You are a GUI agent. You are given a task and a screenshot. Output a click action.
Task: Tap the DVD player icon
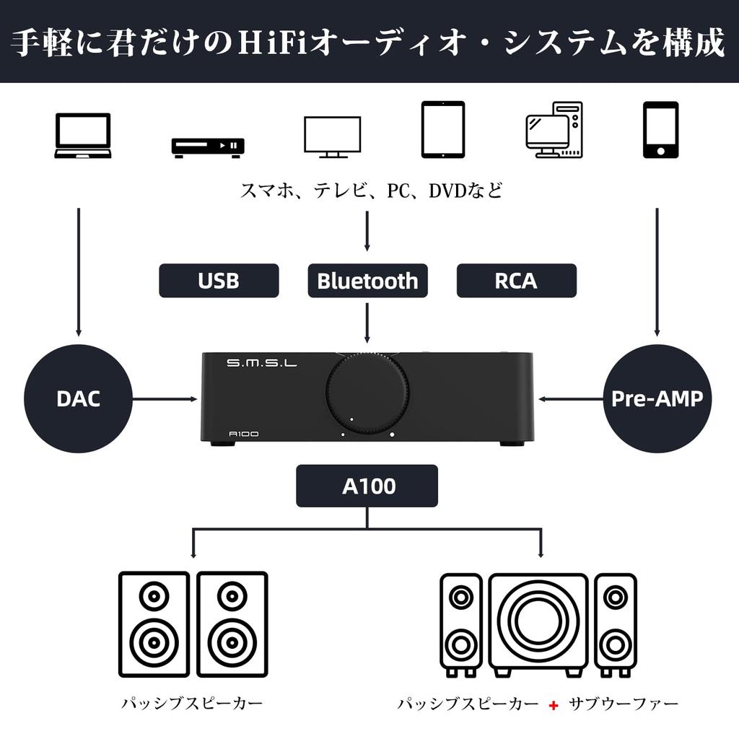pos(208,147)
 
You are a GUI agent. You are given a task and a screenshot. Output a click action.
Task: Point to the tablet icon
pos(442,129)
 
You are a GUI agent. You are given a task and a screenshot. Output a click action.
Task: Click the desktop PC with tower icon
pos(554,130)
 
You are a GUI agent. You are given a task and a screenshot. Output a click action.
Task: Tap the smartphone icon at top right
pos(660,129)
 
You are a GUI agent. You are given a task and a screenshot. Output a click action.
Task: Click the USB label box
pos(219,281)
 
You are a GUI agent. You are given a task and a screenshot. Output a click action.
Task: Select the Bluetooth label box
pos(367,281)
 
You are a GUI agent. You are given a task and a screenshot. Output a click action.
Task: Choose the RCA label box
pos(516,281)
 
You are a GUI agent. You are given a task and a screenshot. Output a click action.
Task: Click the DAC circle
pos(78,398)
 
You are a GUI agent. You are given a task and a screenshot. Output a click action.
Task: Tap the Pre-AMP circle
pos(657,398)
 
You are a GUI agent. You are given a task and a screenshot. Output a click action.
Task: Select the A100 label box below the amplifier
pos(367,486)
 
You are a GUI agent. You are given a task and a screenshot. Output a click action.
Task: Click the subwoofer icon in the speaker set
pos(538,621)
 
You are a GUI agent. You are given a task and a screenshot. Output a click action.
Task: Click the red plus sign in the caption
pos(553,704)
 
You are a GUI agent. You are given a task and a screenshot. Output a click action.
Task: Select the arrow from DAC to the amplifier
pos(165,398)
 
